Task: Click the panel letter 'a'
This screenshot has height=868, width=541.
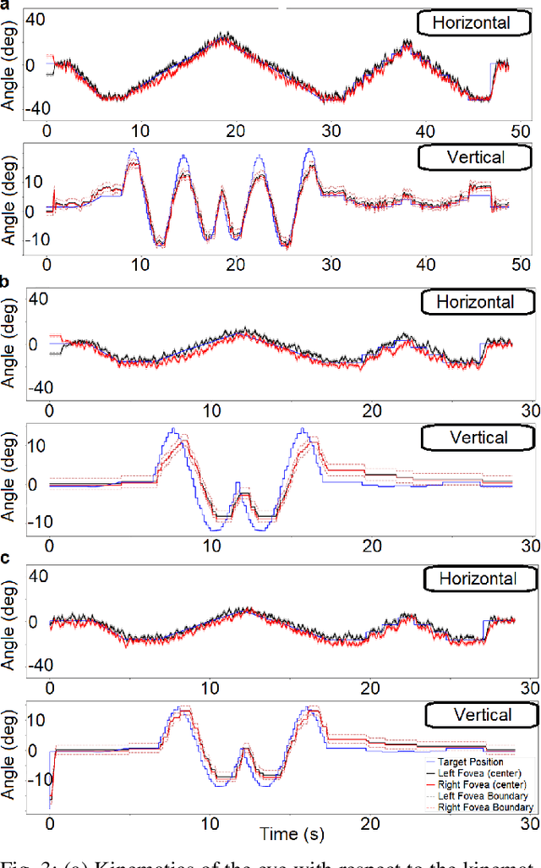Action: click(6, 4)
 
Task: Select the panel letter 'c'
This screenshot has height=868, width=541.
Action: click(6, 558)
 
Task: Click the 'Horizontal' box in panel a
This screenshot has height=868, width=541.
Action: click(471, 23)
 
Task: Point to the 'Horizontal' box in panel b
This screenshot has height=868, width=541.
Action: click(479, 301)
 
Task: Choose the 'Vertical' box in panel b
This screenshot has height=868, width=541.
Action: click(478, 437)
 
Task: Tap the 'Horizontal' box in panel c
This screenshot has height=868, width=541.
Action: click(479, 579)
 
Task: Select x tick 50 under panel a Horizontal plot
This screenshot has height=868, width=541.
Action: click(520, 130)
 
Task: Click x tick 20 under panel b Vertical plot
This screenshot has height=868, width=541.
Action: click(370, 546)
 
